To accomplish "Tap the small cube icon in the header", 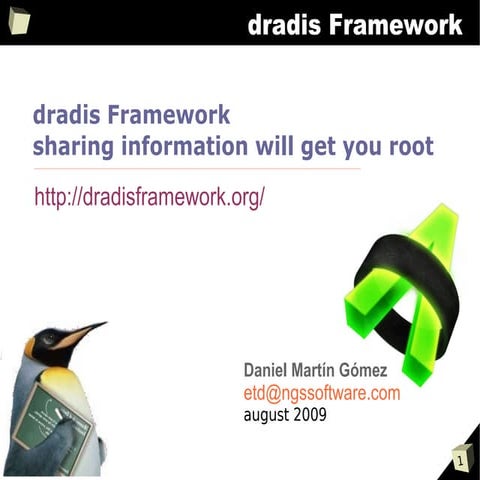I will point(19,20).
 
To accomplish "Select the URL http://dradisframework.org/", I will point(150,197).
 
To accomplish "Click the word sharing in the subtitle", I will point(73,147).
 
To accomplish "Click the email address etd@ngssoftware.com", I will point(322,393).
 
